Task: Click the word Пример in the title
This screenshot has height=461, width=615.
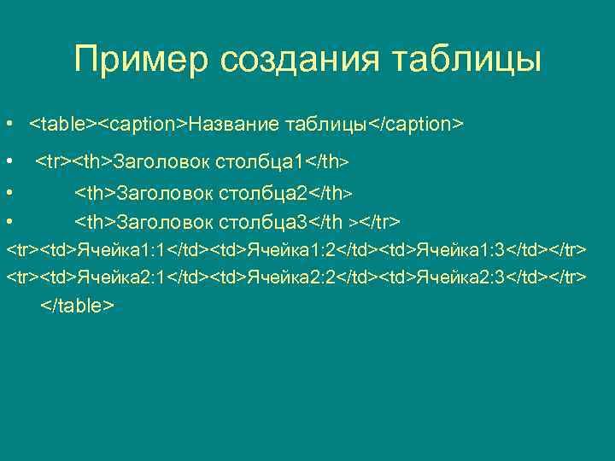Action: pyautogui.click(x=142, y=59)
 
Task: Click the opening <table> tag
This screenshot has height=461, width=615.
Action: pyautogui.click(x=63, y=125)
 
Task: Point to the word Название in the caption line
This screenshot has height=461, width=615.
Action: pyautogui.click(x=233, y=125)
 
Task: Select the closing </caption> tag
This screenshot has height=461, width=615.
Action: pyautogui.click(x=415, y=125)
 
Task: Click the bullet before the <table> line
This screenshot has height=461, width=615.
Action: pyautogui.click(x=8, y=125)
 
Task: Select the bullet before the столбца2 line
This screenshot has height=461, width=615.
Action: pyautogui.click(x=8, y=192)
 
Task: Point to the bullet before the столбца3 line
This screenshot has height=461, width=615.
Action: pyautogui.click(x=8, y=222)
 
